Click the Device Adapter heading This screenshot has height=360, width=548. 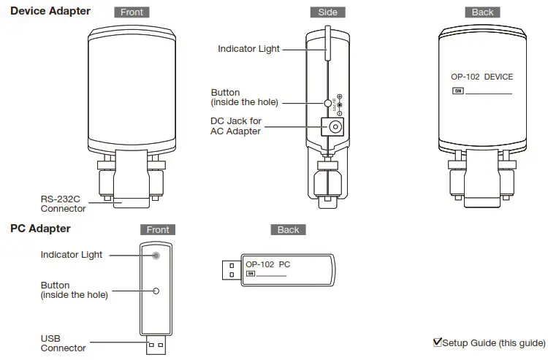click(x=50, y=11)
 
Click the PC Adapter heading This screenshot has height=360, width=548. click(x=40, y=229)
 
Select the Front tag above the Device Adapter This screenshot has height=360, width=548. click(x=132, y=12)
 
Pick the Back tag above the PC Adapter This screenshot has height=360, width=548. click(x=288, y=229)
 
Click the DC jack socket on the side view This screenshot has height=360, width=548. click(x=335, y=128)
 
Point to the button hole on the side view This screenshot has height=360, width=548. click(x=329, y=102)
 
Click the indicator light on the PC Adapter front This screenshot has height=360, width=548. click(x=156, y=255)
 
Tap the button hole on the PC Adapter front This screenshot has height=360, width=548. click(x=156, y=291)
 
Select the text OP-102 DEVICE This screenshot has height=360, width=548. click(x=482, y=77)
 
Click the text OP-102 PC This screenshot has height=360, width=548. click(x=267, y=264)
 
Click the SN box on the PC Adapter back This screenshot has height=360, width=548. click(x=251, y=275)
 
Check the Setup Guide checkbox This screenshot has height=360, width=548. click(x=438, y=342)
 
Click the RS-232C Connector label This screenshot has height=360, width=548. click(x=63, y=203)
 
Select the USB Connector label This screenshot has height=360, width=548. click(x=63, y=343)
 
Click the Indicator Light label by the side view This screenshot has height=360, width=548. click(x=248, y=49)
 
